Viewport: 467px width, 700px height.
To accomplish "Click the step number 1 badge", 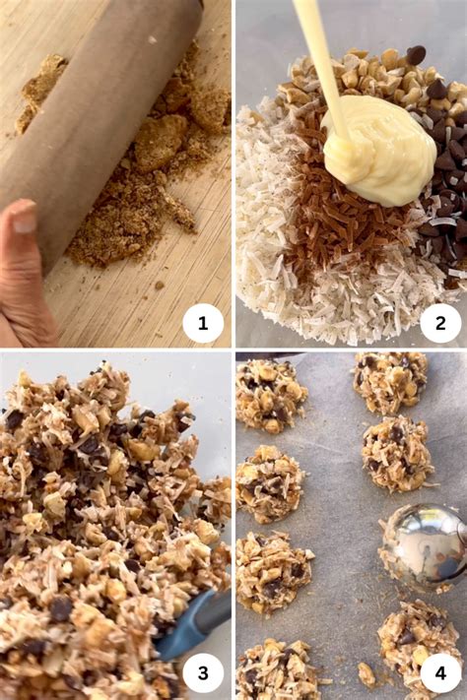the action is pos(203,323).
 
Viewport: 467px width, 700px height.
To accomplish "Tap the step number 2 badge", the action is pos(440,323).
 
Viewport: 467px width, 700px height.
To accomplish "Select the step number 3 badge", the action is pos(203,672).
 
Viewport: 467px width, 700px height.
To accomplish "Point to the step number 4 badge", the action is pos(440,672).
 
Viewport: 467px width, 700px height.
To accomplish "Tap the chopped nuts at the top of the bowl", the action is pos(375,81).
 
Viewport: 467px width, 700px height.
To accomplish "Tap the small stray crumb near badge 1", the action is pos(159,285).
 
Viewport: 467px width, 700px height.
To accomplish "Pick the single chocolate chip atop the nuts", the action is pos(416,54).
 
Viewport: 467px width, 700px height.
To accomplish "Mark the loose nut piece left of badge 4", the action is pos(367,674).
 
